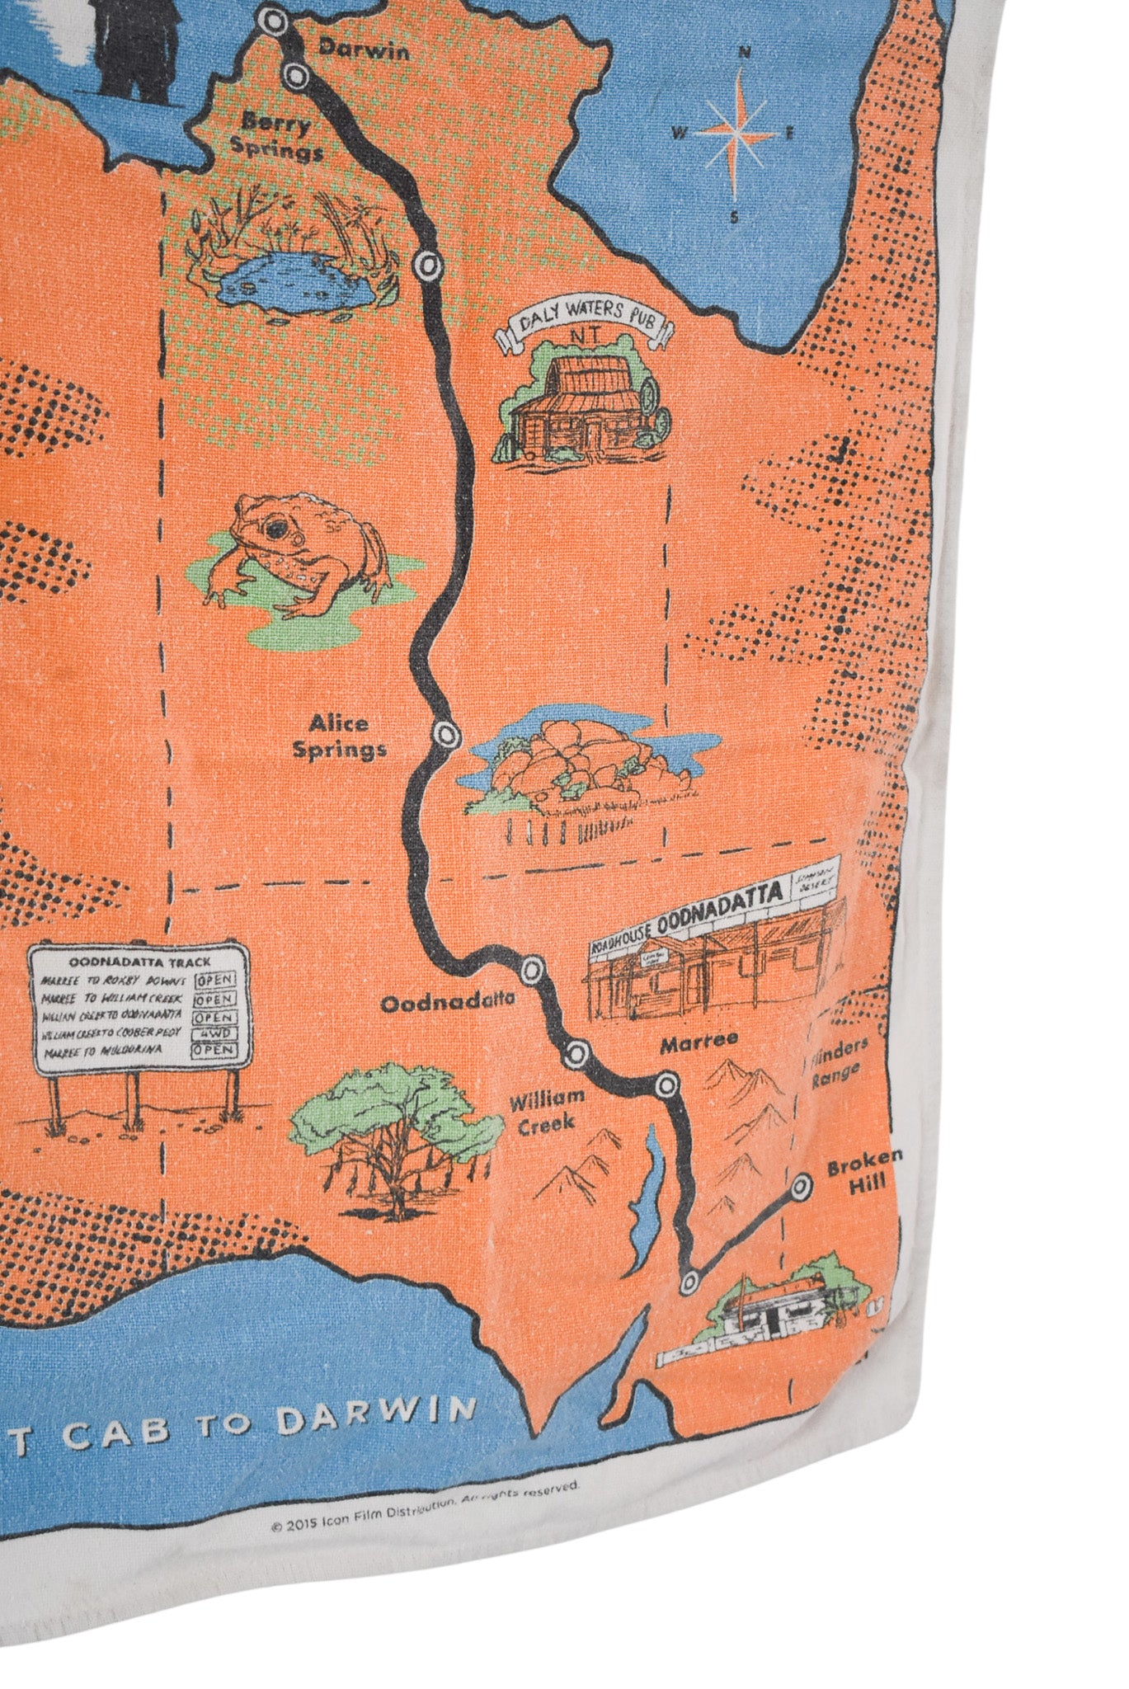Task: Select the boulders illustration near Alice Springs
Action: click(577, 763)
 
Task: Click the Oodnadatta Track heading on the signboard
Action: click(139, 961)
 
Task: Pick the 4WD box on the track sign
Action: click(214, 1034)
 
